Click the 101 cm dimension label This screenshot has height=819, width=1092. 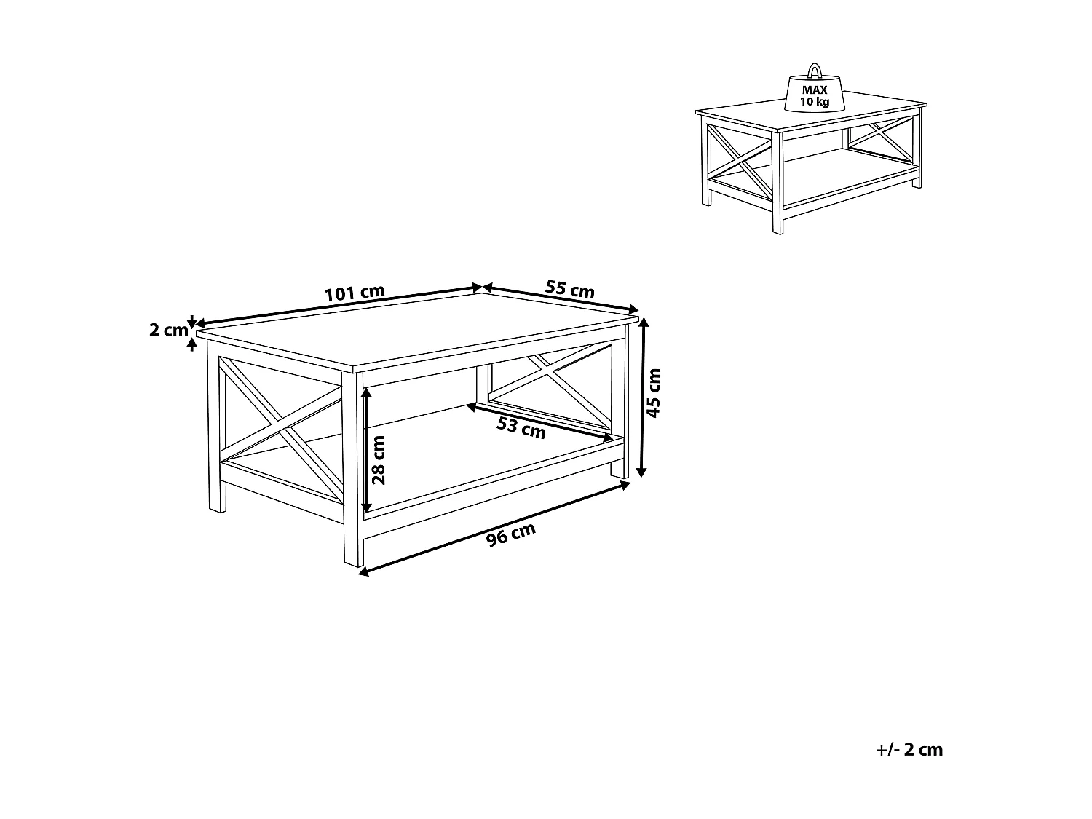click(355, 293)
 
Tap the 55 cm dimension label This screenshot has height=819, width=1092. click(570, 289)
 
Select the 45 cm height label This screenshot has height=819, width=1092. click(654, 392)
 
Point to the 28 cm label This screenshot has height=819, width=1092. click(379, 460)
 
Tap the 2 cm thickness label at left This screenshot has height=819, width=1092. click(168, 330)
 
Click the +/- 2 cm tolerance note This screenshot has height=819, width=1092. click(909, 750)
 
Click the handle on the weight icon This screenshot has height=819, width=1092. click(815, 71)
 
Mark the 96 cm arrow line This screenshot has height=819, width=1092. click(494, 528)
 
